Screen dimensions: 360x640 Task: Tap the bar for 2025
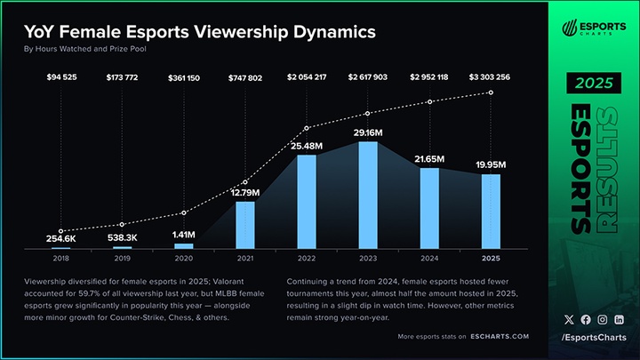click(x=491, y=211)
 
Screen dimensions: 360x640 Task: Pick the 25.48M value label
click(x=306, y=146)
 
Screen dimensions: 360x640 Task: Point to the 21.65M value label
click(x=429, y=157)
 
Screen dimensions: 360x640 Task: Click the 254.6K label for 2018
click(x=60, y=238)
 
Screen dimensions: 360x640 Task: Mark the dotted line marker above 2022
click(x=307, y=127)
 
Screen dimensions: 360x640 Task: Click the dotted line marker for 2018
click(x=60, y=230)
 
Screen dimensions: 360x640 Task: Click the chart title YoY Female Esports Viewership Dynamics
click(x=199, y=32)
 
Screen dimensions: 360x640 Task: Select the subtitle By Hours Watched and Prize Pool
click(x=84, y=49)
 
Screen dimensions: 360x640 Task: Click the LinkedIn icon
click(x=619, y=319)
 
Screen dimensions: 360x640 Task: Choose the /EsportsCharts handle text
click(x=593, y=338)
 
